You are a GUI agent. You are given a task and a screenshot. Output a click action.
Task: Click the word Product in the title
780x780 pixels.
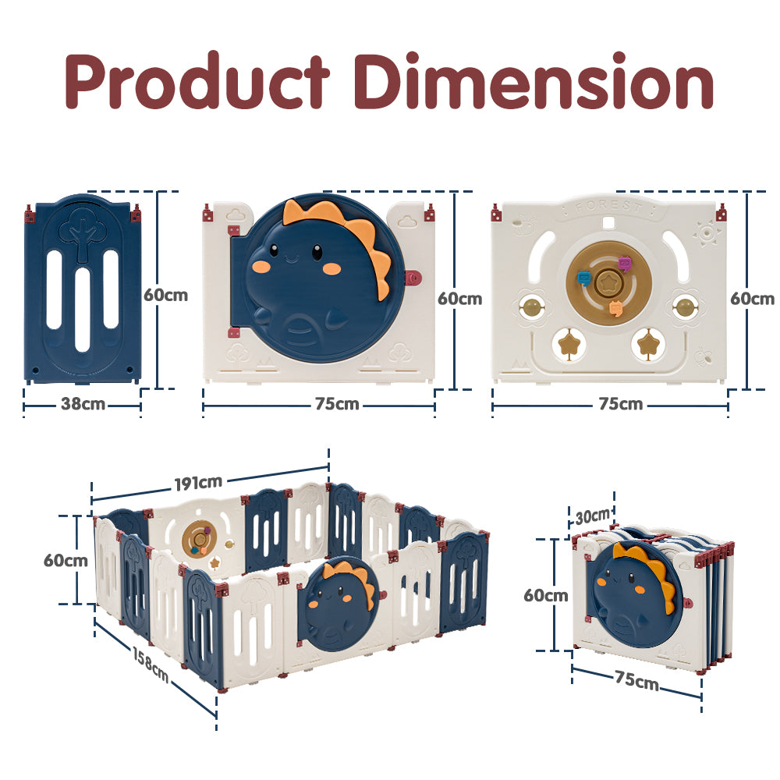tap(197, 80)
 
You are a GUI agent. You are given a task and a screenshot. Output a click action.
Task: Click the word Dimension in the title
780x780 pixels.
tap(534, 80)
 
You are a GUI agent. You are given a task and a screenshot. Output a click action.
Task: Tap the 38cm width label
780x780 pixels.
tap(83, 404)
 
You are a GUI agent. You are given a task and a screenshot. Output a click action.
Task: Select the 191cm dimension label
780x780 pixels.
tap(198, 482)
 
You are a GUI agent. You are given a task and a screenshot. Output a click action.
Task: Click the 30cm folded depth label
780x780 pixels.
tap(593, 516)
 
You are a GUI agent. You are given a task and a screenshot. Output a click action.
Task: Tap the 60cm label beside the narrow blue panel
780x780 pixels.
tap(165, 295)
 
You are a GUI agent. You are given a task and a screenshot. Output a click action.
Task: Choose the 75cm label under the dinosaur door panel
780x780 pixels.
tap(337, 404)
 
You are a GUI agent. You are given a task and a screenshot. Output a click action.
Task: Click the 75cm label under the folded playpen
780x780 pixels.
tap(636, 680)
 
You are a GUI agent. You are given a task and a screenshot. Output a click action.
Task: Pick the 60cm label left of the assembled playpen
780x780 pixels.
tap(66, 560)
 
